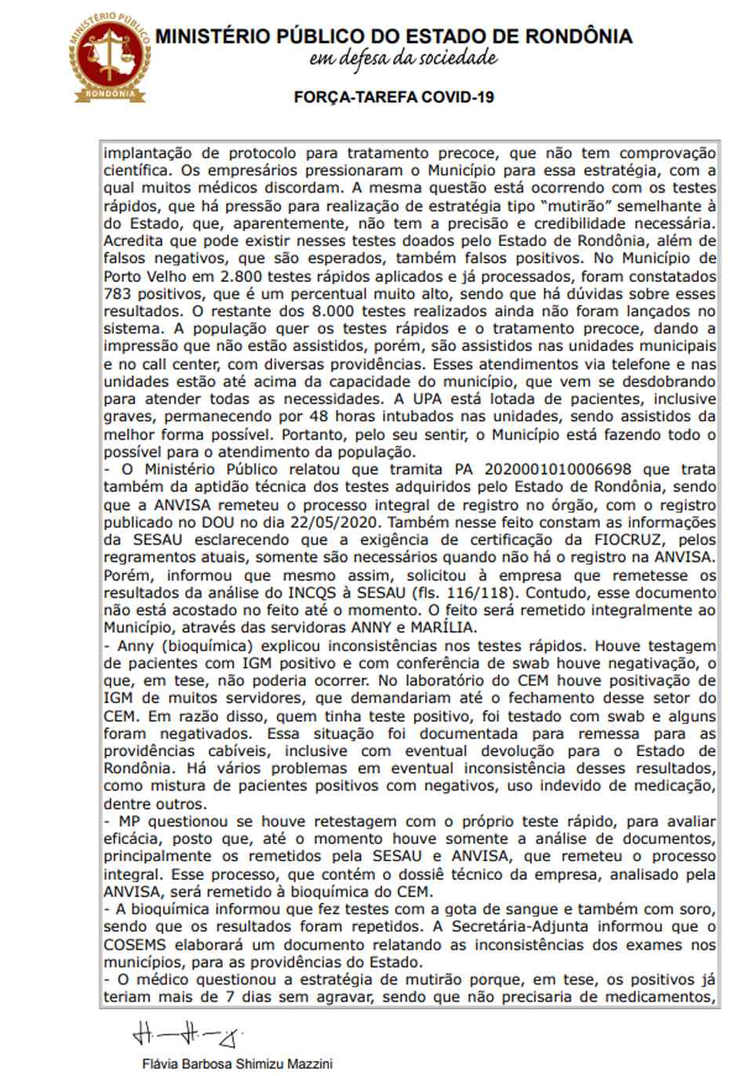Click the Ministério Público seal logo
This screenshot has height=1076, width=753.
(x=110, y=57)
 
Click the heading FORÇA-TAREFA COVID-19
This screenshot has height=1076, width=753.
(x=394, y=97)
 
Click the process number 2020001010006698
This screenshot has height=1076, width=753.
(x=558, y=469)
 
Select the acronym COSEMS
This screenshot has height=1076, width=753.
(x=135, y=944)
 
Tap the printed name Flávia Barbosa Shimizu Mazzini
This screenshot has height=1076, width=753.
(x=238, y=1063)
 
